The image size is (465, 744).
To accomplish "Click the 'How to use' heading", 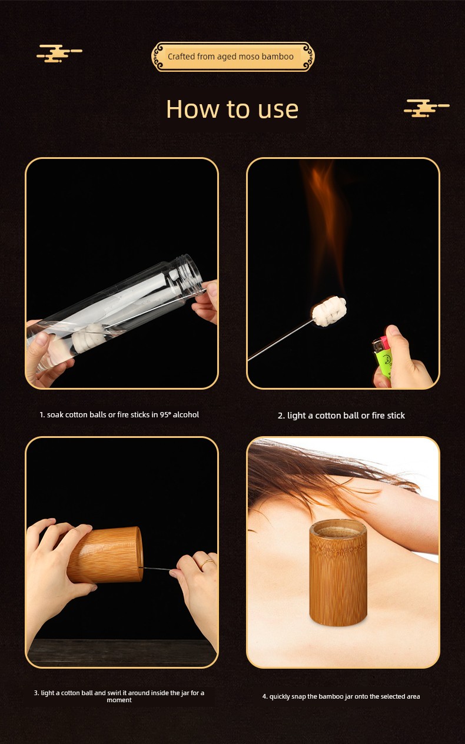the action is [232, 109].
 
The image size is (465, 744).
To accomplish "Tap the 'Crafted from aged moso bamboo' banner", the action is [232, 57].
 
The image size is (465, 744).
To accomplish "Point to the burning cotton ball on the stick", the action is [329, 311].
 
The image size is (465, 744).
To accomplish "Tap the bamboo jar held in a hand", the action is [105, 556].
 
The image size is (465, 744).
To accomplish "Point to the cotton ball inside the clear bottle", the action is [88, 337].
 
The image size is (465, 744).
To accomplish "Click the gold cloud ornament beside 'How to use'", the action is [427, 108].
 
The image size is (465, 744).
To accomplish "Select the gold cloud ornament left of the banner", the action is [59, 54].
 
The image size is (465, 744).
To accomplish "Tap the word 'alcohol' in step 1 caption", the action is [186, 414].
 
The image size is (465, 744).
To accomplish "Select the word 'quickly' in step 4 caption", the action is [279, 696].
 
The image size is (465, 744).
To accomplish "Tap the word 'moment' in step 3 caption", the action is [119, 700].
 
